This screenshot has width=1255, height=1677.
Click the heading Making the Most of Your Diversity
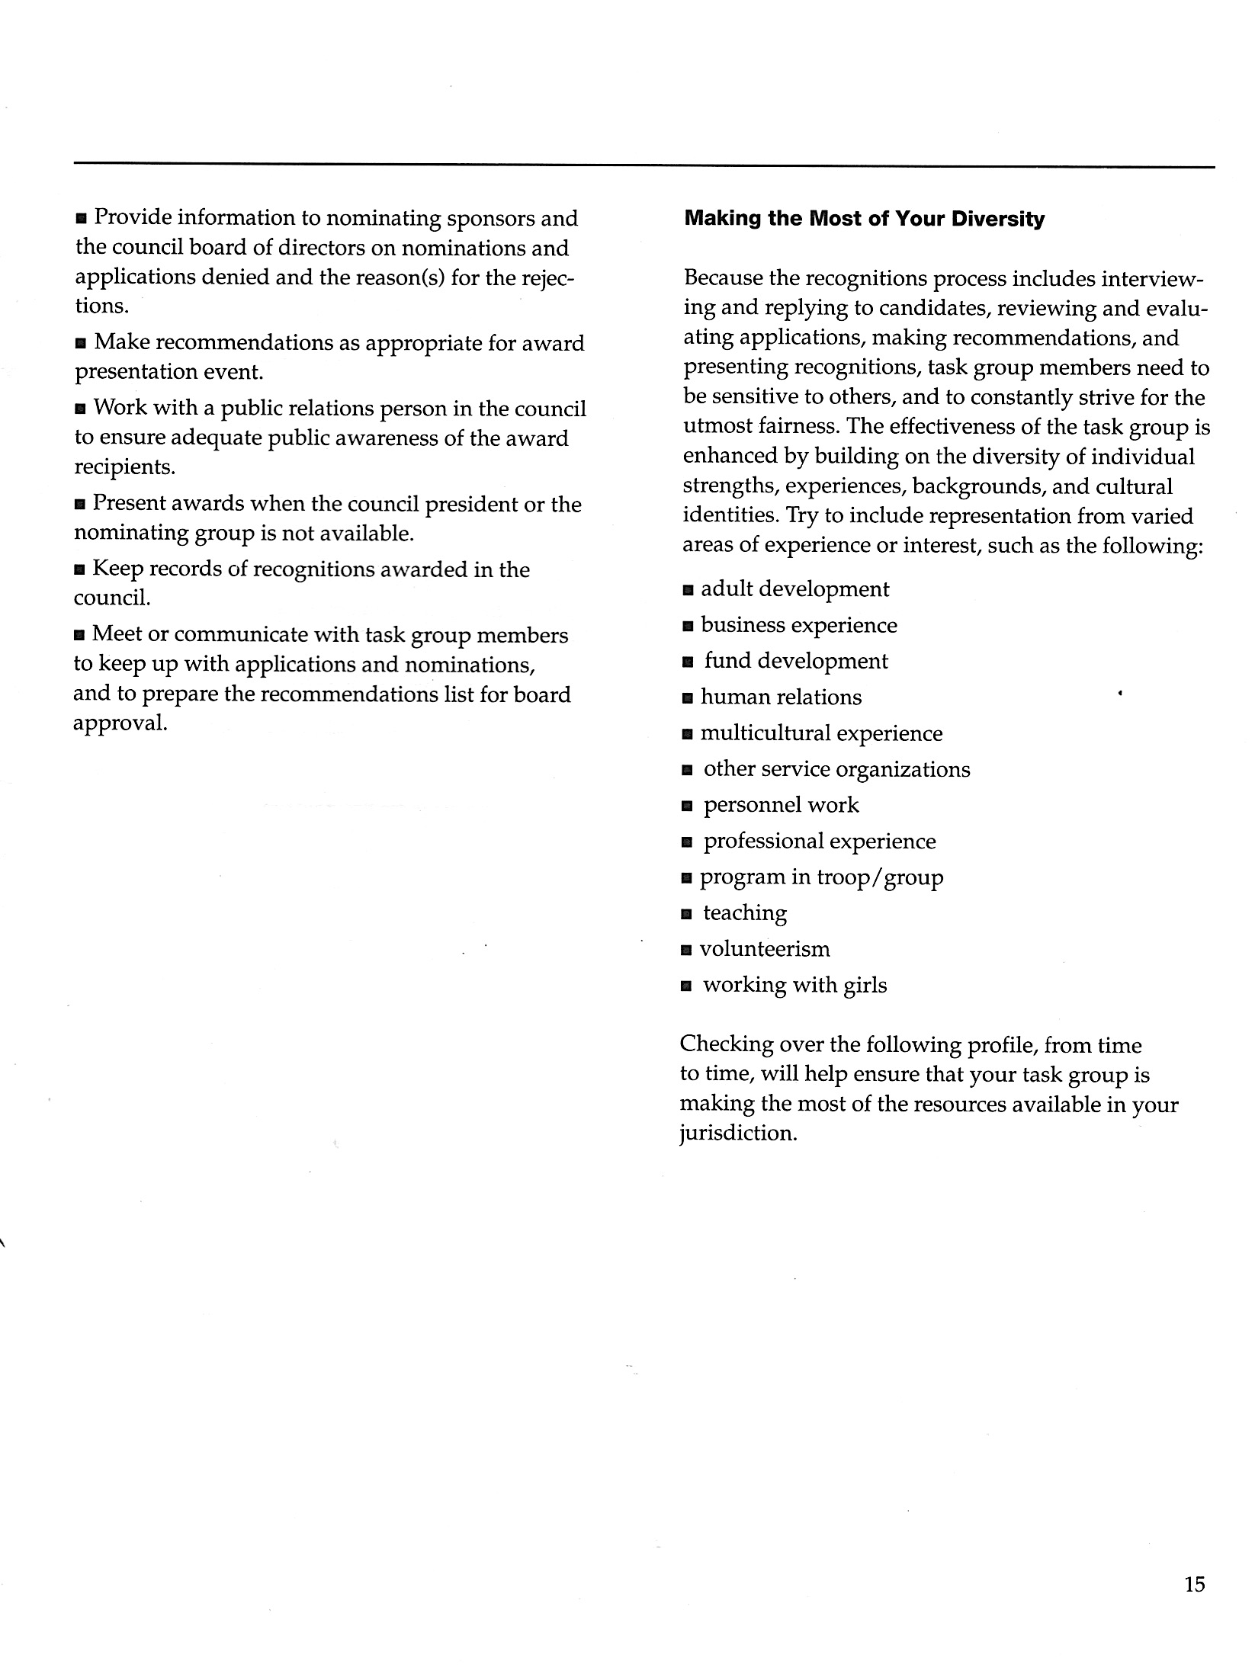pos(864,220)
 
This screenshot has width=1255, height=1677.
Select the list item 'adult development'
pos(794,589)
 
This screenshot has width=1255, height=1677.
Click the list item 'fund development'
pos(796,661)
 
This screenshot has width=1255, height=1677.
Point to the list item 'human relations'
pos(781,697)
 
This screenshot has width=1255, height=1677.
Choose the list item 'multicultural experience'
pos(821,733)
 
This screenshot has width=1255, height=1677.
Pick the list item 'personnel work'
pos(781,805)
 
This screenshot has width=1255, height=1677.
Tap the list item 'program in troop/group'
pos(821,877)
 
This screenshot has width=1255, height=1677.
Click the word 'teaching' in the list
pos(744,913)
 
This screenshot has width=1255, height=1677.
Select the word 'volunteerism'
pos(765,949)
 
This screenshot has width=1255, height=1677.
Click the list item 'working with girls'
pos(794,985)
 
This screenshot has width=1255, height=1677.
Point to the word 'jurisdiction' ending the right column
pos(737,1133)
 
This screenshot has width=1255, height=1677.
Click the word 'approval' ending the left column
pos(119,723)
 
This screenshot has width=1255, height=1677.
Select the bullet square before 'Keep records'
pos(80,571)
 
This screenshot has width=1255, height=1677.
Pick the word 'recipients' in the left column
pos(124,467)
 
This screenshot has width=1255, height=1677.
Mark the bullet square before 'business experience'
pos(688,627)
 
